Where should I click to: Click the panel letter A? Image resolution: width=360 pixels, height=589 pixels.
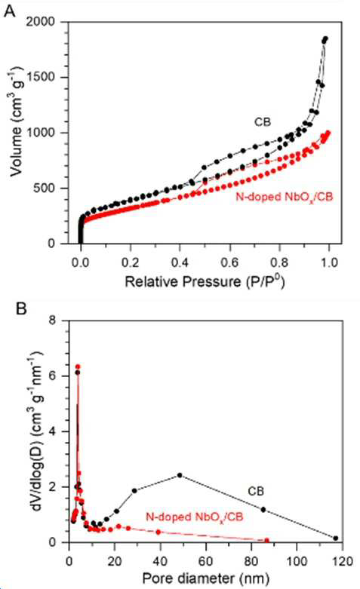coord(10,11)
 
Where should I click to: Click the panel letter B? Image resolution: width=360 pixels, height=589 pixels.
coord(21,309)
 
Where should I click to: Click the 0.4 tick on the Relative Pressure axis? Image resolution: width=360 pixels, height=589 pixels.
coord(180,262)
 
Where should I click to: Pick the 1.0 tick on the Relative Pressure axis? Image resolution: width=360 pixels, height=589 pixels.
coord(329,262)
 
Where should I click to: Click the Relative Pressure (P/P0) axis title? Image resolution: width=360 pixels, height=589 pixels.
coord(205,281)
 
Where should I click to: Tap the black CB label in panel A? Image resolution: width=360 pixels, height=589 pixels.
coord(263,122)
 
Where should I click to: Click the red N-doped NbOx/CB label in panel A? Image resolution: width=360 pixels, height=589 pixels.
coord(285,197)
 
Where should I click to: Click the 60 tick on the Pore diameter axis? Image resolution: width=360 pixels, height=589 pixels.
coord(205,561)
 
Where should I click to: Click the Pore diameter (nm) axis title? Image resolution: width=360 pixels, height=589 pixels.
coord(206,578)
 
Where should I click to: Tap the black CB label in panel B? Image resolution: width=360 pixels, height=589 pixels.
coord(256,491)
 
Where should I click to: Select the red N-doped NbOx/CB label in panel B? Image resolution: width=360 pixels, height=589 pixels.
coord(195,517)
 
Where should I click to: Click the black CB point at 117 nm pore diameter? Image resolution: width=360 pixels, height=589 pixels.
coord(336,538)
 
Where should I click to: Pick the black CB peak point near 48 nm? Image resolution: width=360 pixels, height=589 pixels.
coord(180,475)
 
